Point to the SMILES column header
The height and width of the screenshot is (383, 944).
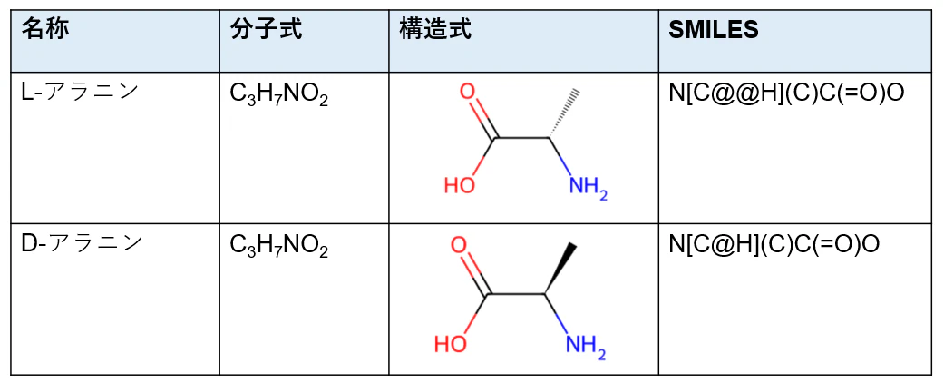[x=714, y=30]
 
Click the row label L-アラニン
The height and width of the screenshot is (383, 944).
[x=80, y=93]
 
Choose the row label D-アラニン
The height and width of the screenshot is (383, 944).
[x=82, y=243]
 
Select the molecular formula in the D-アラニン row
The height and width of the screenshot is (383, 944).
[x=279, y=246]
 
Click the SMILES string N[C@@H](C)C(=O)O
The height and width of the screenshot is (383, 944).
[x=786, y=93]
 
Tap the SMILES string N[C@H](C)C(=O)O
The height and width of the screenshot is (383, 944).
[x=774, y=244]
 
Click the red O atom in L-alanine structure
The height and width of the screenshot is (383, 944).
[x=468, y=93]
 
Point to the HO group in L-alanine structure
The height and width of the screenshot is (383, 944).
[x=460, y=184]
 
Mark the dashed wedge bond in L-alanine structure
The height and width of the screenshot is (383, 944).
[x=565, y=114]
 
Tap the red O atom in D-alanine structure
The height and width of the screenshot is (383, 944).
[x=459, y=246]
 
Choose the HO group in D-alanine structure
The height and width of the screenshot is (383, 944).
[x=451, y=344]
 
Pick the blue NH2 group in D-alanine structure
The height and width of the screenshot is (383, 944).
[x=586, y=347]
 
